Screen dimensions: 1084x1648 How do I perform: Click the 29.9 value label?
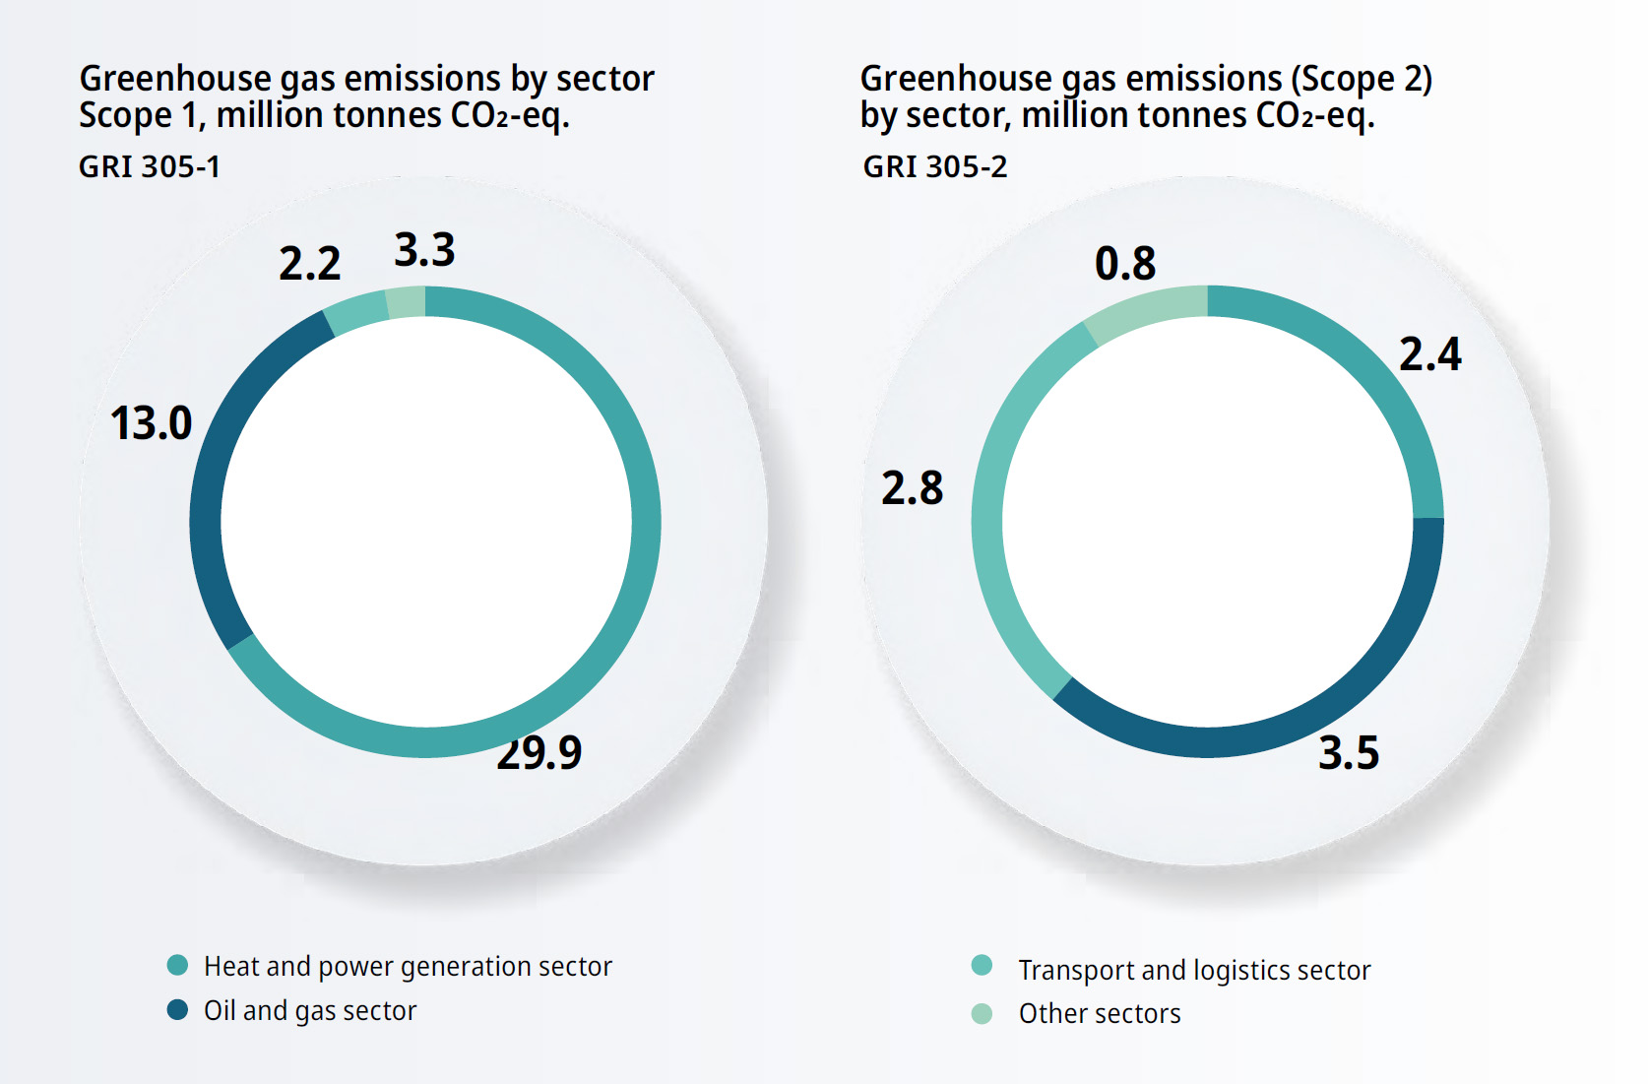[x=539, y=754]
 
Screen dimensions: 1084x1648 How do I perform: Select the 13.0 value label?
[x=151, y=423]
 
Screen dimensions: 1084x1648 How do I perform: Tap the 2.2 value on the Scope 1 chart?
[x=309, y=264]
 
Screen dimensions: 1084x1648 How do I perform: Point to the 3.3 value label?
[x=424, y=250]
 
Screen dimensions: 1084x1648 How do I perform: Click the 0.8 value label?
[x=1125, y=264]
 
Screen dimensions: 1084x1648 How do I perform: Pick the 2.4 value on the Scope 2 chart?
[x=1429, y=354]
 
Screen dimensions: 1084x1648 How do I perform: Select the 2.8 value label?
[x=912, y=488]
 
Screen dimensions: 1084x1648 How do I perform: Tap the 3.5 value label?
[x=1349, y=753]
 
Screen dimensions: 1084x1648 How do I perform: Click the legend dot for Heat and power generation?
[x=177, y=965]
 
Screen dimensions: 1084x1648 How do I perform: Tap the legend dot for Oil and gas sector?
[x=177, y=1009]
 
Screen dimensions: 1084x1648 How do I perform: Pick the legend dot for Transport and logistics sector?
[x=982, y=965]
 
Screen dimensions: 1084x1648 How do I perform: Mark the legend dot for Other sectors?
[x=982, y=1013]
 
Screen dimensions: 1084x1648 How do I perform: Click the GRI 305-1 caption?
[x=150, y=167]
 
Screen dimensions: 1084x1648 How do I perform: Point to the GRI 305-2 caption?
[x=935, y=167]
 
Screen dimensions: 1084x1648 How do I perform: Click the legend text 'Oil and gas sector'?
[x=310, y=1011]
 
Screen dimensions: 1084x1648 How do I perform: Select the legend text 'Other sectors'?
[x=1100, y=1014]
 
